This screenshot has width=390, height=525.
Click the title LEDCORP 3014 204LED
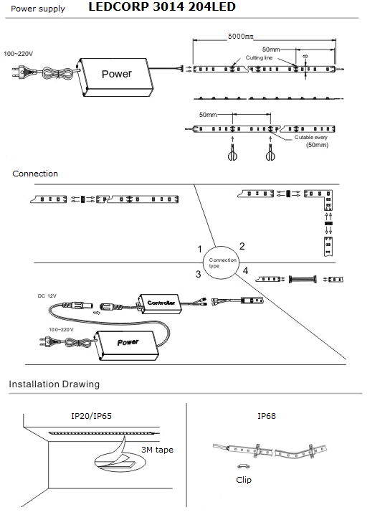(162, 6)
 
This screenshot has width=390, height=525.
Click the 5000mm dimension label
(241, 36)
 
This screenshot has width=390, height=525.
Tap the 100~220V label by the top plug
(19, 54)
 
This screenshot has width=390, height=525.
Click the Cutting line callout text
(259, 57)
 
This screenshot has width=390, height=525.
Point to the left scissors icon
(232, 153)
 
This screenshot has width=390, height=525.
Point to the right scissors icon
(270, 153)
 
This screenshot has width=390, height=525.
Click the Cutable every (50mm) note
(312, 141)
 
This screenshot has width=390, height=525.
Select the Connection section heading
(35, 174)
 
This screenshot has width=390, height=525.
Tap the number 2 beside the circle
(242, 247)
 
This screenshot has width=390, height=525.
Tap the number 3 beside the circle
(198, 274)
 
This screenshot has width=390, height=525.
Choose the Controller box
(160, 303)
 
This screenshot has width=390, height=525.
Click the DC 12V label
(47, 296)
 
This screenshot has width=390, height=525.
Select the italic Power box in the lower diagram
(127, 345)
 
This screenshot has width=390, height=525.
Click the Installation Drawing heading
(54, 384)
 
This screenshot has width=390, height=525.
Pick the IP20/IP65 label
(91, 416)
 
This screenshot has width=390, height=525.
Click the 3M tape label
(157, 450)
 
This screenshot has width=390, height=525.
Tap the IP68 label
(267, 416)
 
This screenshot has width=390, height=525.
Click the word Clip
(244, 480)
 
